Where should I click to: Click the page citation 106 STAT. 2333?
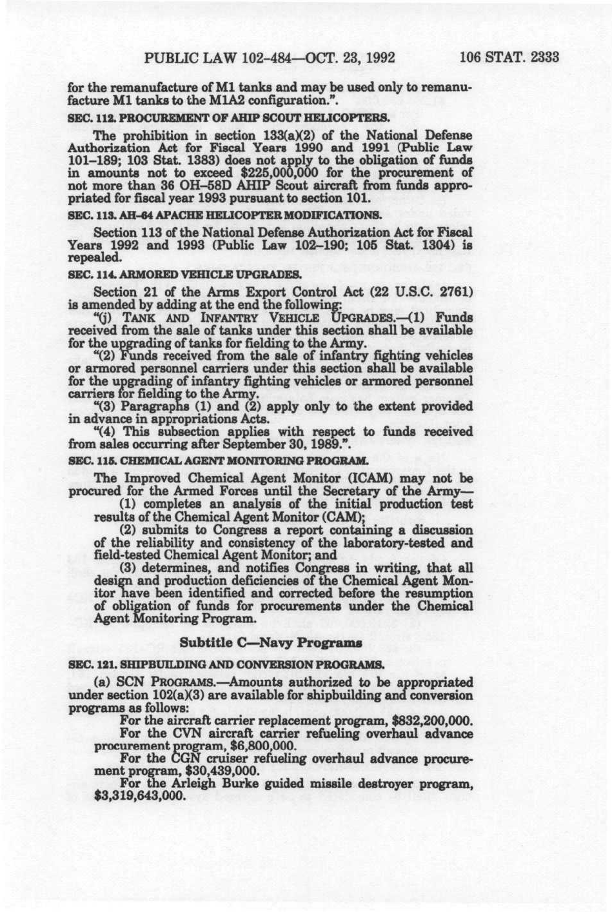pyautogui.click(x=509, y=58)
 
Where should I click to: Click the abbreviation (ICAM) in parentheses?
pyautogui.click(x=359, y=479)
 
